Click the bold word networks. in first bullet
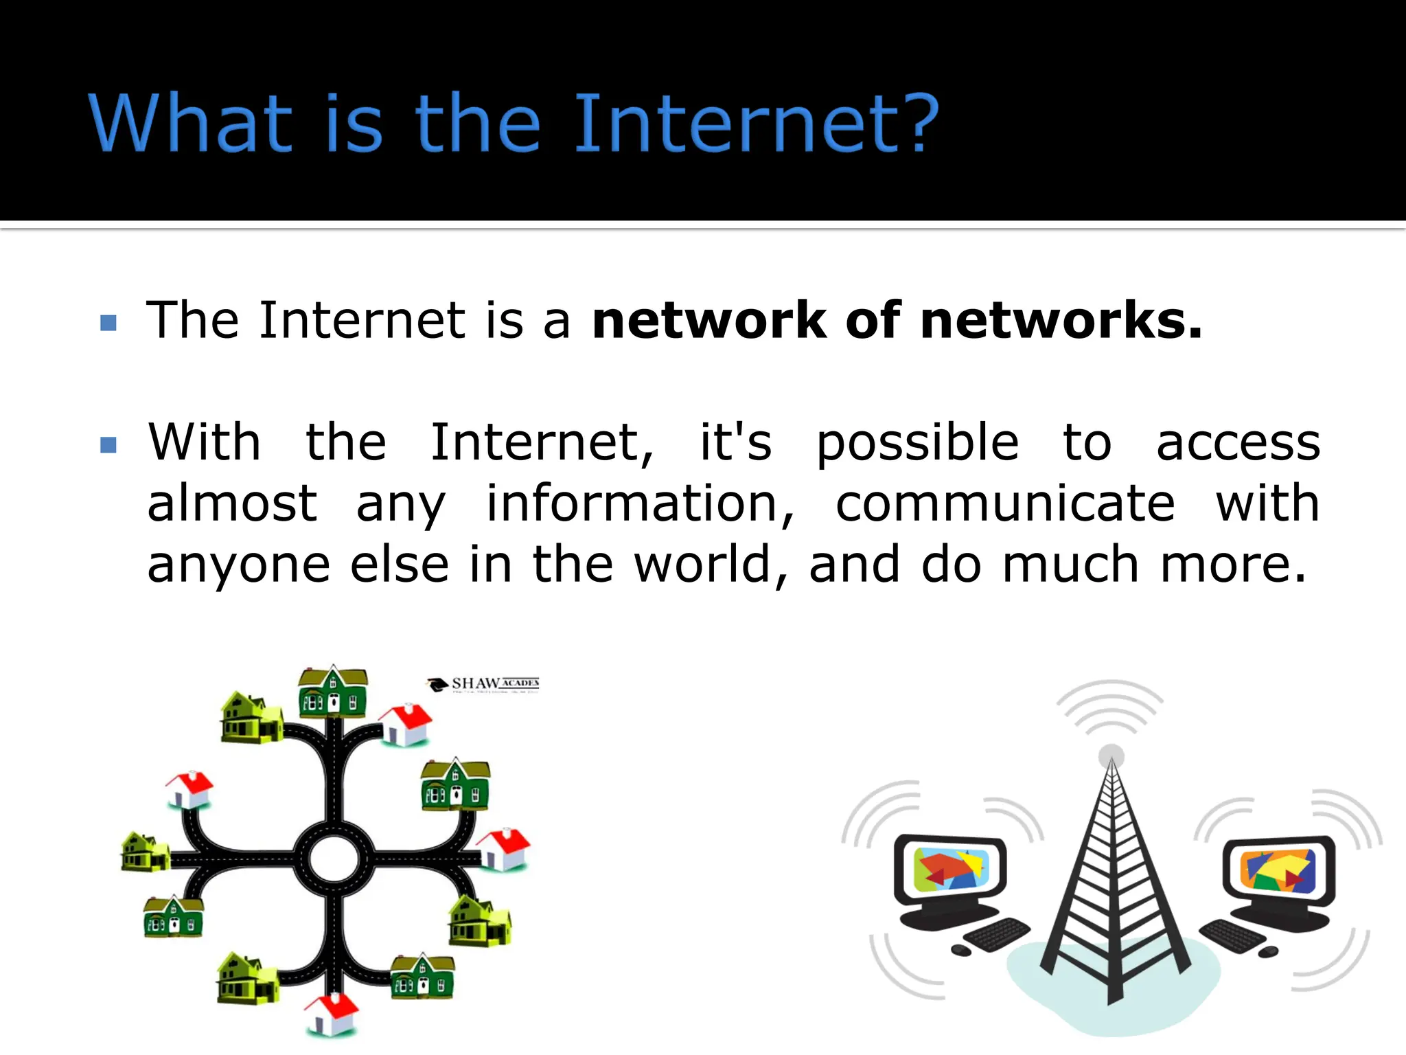1061,321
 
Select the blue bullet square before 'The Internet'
108,323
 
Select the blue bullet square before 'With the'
108,445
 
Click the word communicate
1005,503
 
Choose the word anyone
238,565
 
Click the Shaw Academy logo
484,684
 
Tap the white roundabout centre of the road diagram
334,859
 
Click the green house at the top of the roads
333,691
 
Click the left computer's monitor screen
951,870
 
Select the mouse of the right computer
1268,952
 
